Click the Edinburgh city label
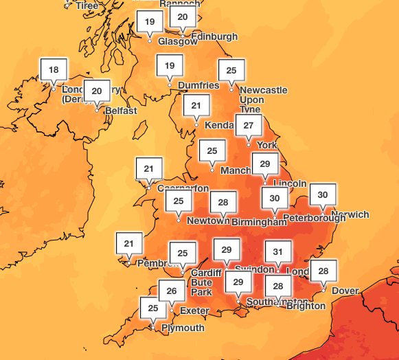pos(214,36)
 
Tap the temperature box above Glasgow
pos(150,22)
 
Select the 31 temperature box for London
pos(278,252)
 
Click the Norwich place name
pos(350,215)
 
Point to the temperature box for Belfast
pos(97,91)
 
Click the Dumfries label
pos(198,85)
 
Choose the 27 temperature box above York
pos(249,126)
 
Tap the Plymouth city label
pos(183,328)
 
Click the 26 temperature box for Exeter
pos(172,291)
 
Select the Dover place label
pos(345,291)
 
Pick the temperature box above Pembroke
pos(128,243)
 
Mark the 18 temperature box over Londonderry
pos(54,69)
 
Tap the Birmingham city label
pos(258,222)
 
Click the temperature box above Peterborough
pos(275,199)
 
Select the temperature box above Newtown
pos(179,201)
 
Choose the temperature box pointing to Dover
pos(323,271)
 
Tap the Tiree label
pos(87,5)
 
